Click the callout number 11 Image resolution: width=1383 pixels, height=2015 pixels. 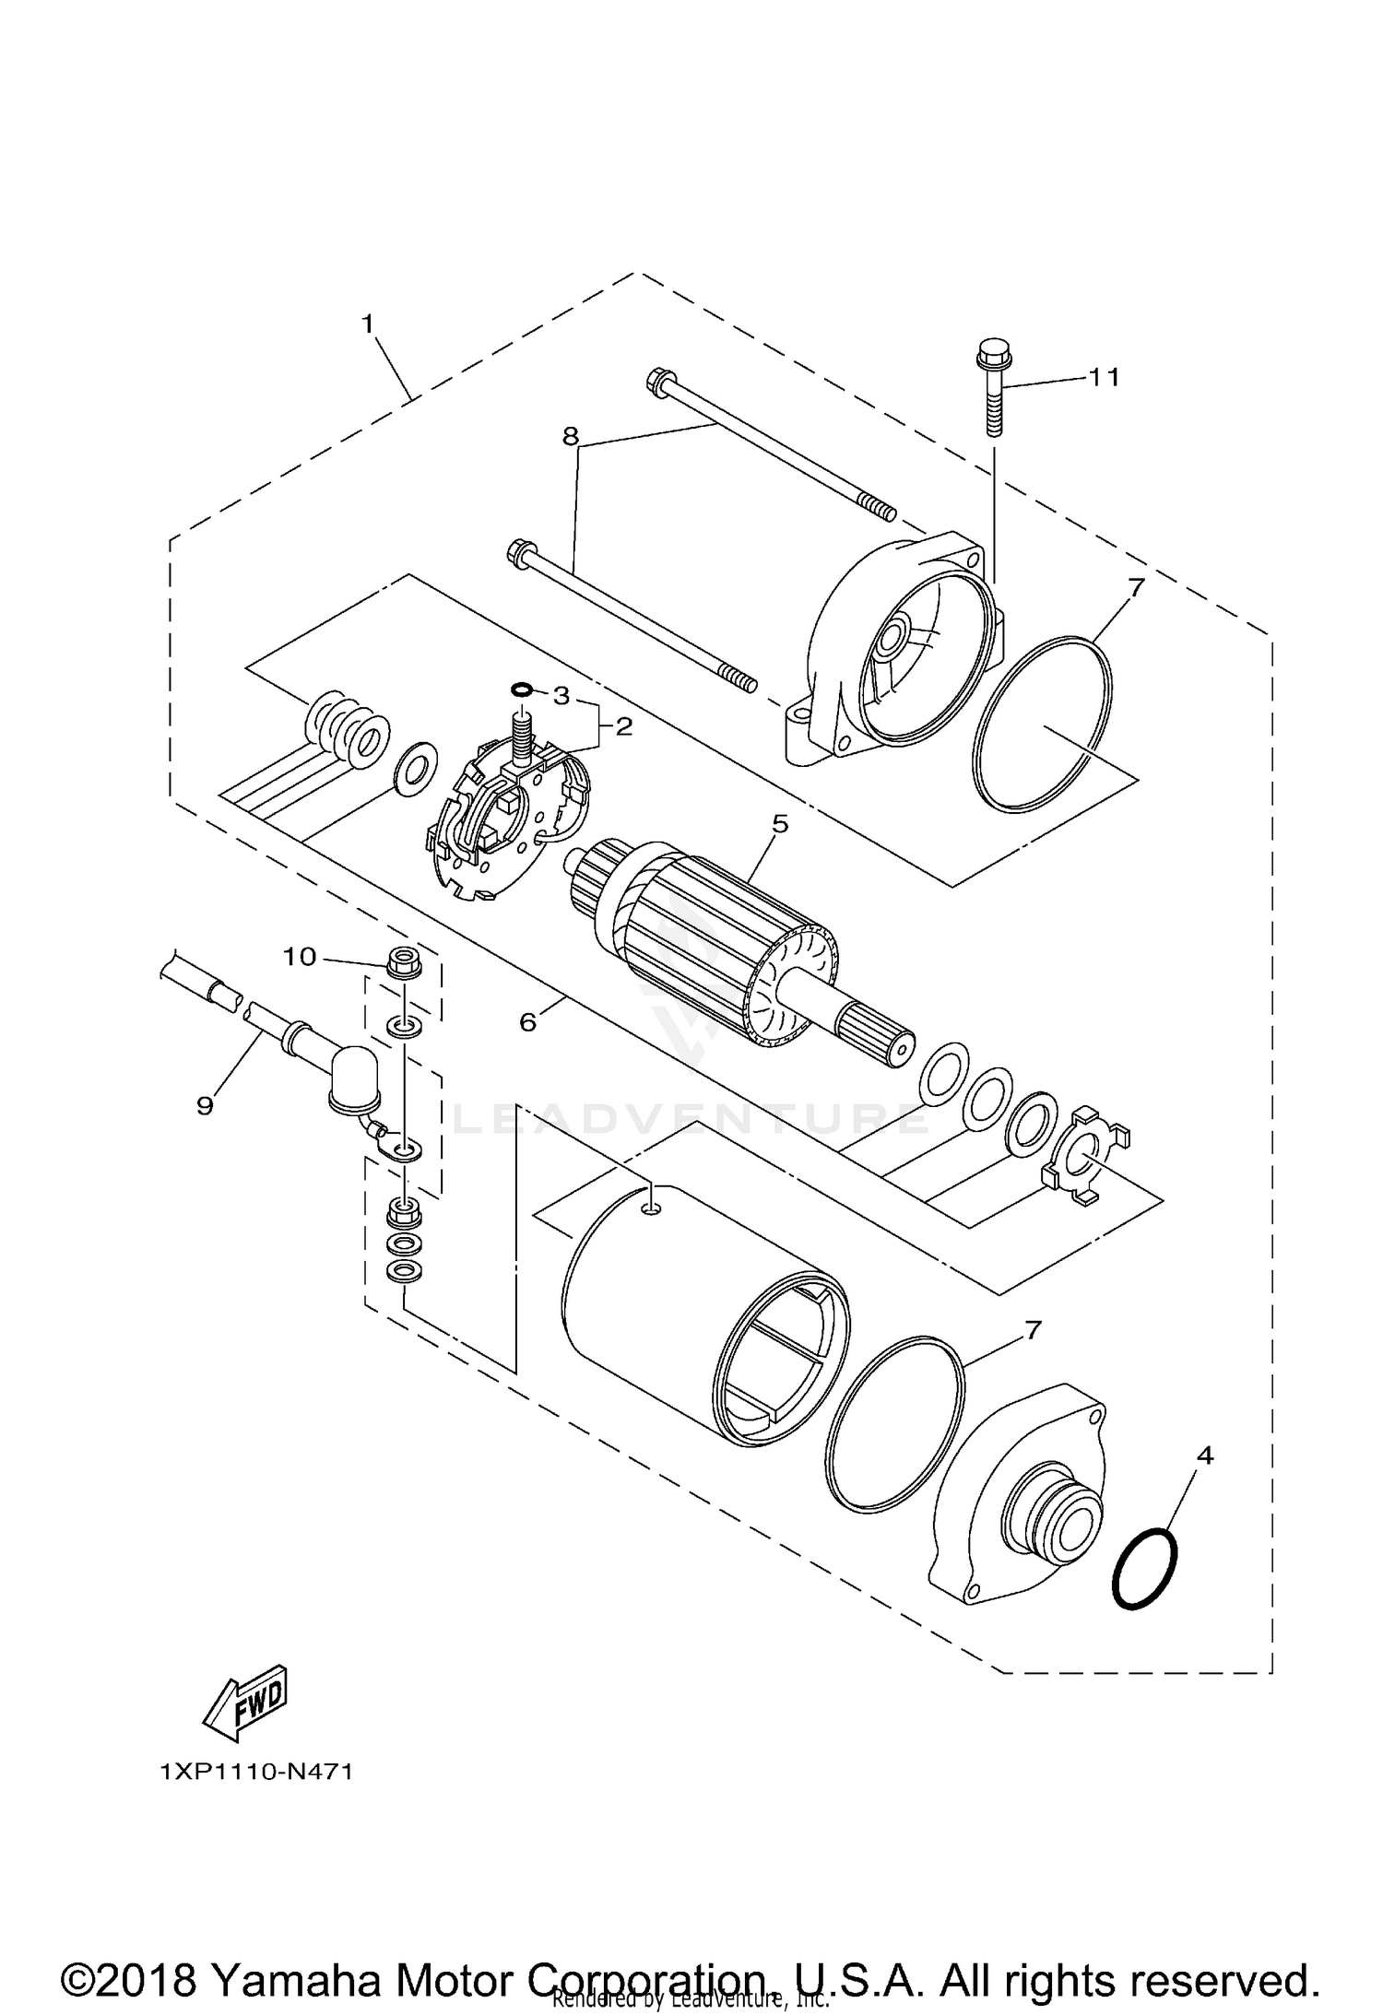tap(1104, 377)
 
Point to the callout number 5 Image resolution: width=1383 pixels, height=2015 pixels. tap(780, 823)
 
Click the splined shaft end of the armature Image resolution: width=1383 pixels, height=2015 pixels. tap(876, 1032)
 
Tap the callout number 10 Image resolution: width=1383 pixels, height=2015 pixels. tap(299, 957)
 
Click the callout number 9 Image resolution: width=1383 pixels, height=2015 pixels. tap(205, 1105)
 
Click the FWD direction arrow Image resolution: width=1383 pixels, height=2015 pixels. tap(245, 1704)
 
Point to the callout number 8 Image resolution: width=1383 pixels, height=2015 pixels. tap(571, 436)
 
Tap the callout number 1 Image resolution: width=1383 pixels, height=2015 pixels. tap(368, 324)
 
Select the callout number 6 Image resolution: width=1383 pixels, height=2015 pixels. tap(527, 1021)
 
